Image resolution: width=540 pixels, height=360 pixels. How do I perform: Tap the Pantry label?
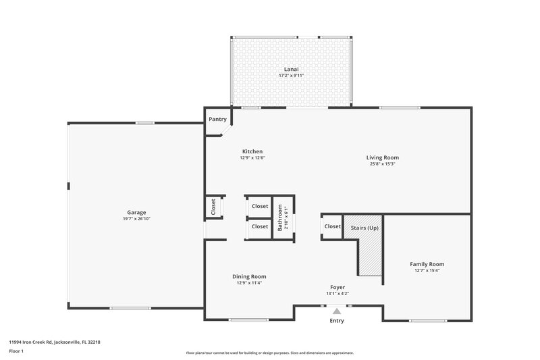tap(217, 119)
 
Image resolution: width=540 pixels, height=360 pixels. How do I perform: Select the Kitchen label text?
tap(252, 151)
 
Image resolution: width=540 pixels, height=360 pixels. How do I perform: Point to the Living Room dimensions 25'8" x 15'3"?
tap(382, 163)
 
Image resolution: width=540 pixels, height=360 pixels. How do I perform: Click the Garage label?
tap(136, 212)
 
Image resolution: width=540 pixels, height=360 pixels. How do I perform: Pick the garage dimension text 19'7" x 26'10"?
tap(136, 218)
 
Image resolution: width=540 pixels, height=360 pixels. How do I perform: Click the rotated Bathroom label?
tap(280, 217)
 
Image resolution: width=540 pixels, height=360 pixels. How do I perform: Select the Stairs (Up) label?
tap(364, 228)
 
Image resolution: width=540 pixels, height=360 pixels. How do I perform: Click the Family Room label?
tap(427, 264)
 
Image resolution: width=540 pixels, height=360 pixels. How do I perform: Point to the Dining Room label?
tap(249, 276)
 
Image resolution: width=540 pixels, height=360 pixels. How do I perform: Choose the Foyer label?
tap(337, 287)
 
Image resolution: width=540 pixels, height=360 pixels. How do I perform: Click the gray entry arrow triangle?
tap(337, 311)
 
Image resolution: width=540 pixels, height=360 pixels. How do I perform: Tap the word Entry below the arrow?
tap(337, 321)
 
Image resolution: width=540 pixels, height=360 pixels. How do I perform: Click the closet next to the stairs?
tap(332, 226)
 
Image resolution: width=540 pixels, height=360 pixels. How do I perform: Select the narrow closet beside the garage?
tap(213, 207)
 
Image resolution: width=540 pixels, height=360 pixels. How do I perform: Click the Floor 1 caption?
tap(16, 352)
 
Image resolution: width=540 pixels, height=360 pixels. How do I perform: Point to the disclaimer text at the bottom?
tap(269, 353)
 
